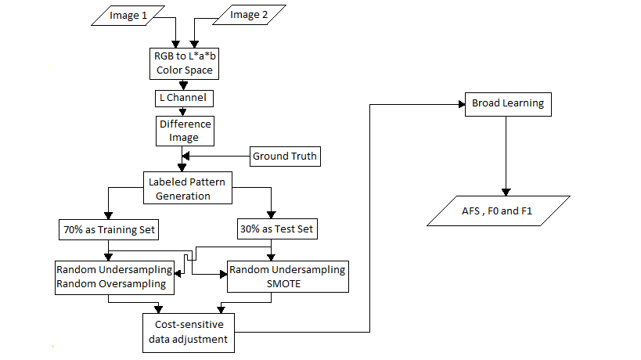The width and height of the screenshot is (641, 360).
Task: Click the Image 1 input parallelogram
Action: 128,16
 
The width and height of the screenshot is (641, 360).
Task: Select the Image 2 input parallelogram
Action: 249,15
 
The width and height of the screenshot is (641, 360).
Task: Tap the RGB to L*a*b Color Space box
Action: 185,63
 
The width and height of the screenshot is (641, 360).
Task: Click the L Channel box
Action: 184,98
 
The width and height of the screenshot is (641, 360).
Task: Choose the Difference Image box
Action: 185,131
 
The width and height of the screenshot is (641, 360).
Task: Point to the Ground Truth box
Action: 285,156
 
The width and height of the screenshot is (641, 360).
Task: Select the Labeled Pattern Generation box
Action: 188,188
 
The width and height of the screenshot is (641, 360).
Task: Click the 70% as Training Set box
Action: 109,229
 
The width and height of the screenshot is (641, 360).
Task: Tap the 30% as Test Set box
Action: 277,229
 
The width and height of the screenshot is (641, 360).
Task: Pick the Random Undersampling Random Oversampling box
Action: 114,278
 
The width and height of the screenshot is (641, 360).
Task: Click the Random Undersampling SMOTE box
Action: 288,276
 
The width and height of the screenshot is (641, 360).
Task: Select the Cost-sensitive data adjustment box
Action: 189,333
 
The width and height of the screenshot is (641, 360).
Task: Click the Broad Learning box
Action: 508,104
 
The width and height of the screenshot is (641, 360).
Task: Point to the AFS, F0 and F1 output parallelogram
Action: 499,211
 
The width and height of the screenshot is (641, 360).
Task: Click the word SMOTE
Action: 283,283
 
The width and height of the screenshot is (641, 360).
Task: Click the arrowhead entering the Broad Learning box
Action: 462,104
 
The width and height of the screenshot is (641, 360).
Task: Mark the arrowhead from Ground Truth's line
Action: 185,156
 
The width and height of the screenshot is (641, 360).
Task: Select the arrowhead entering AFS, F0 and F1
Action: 506,193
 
